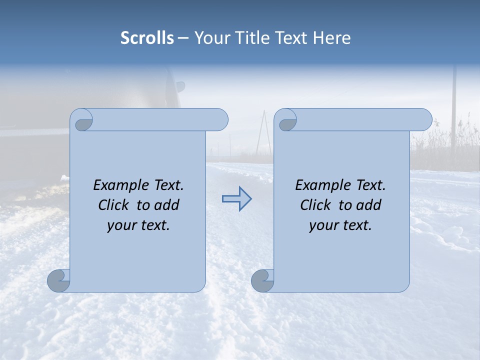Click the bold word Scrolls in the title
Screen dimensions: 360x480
click(147, 37)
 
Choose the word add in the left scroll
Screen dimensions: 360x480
click(167, 205)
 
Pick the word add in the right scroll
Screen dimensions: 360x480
click(369, 205)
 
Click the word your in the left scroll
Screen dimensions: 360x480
click(120, 225)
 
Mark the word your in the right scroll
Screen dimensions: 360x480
click(322, 225)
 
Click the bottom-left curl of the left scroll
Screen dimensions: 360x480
click(59, 280)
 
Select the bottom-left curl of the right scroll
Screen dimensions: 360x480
click(262, 280)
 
